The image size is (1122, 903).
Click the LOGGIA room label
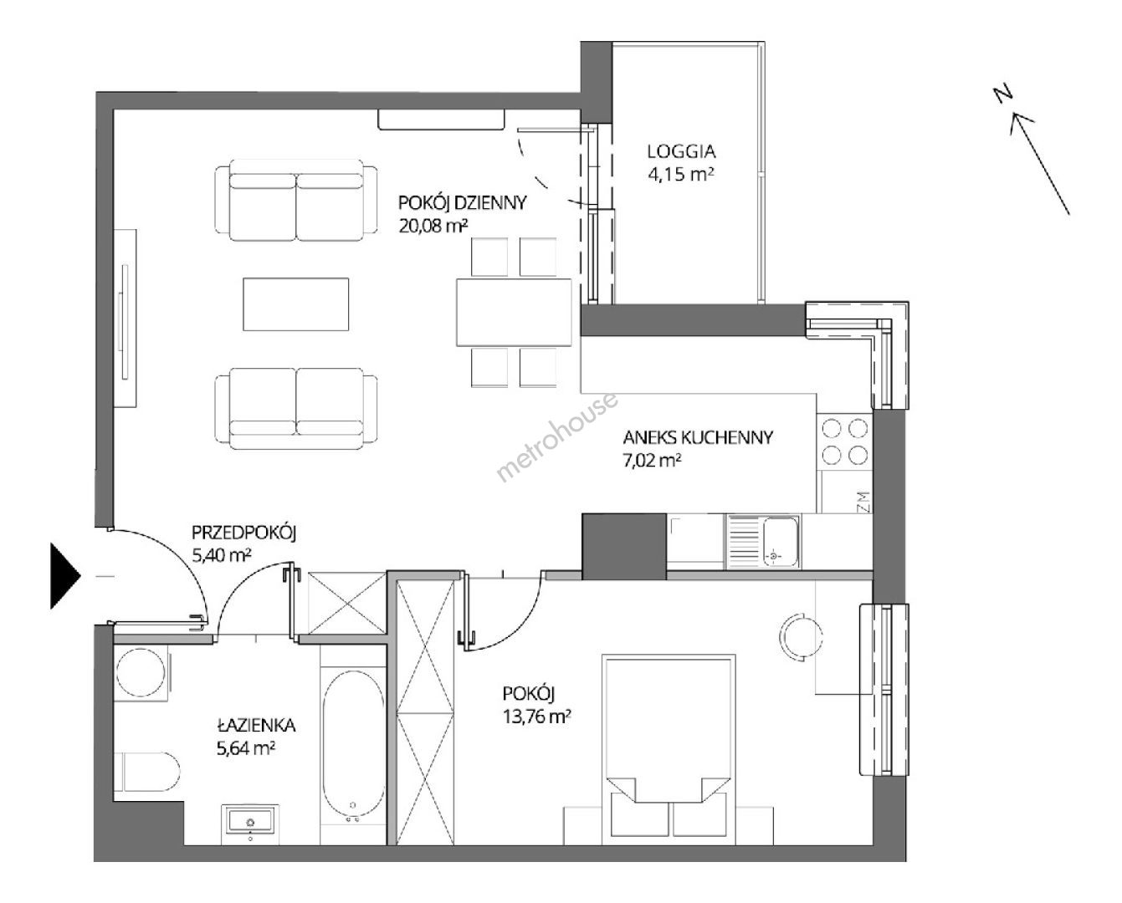[681, 151]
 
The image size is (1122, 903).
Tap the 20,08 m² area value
[433, 226]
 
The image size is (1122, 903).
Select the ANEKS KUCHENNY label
[698, 437]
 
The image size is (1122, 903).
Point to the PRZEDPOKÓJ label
[244, 533]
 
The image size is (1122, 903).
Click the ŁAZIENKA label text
[256, 725]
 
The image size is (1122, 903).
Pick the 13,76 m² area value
[536, 717]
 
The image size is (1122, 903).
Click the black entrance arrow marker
[66, 576]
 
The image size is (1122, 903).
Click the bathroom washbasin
[250, 823]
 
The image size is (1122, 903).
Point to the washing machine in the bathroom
[141, 673]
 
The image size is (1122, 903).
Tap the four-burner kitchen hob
[844, 441]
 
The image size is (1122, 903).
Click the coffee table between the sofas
[295, 304]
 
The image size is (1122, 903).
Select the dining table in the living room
[514, 313]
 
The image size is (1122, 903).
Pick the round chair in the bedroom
[801, 637]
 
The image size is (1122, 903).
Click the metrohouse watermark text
[557, 437]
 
